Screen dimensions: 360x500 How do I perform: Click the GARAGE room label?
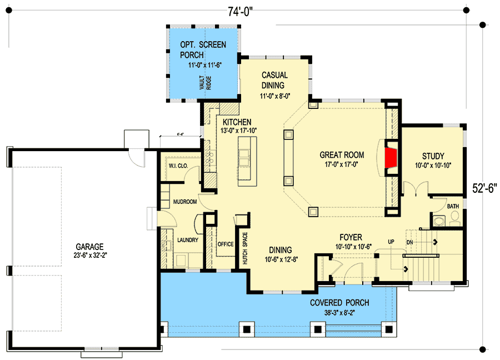[91, 247]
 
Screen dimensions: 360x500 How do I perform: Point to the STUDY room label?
[433, 156]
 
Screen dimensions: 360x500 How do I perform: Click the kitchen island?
[244, 161]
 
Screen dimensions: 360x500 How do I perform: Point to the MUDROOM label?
[184, 202]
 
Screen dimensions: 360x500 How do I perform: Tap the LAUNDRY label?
[188, 240]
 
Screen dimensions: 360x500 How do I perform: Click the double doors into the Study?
[414, 189]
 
